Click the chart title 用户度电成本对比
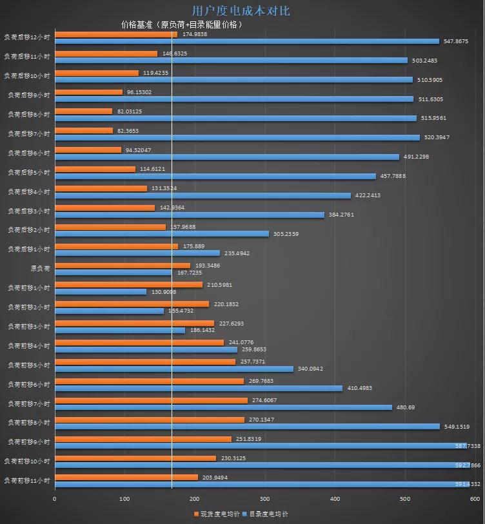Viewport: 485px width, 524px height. pyautogui.click(x=241, y=11)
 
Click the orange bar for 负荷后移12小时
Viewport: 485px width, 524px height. pyautogui.click(x=116, y=34)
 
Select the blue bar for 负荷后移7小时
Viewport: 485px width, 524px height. pyautogui.click(x=237, y=137)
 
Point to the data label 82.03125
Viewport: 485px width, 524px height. pyautogui.click(x=130, y=112)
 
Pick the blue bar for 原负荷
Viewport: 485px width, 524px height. pyautogui.click(x=114, y=272)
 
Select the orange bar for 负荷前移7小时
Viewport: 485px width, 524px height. pyautogui.click(x=151, y=400)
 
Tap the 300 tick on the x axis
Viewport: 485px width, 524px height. pyautogui.click(x=265, y=499)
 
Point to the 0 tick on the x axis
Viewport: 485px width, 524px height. pyautogui.click(x=55, y=499)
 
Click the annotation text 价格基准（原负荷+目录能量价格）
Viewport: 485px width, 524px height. pyautogui.click(x=182, y=24)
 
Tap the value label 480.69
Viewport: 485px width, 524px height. pyautogui.click(x=406, y=407)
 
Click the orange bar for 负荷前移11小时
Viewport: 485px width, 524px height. pyautogui.click(x=126, y=478)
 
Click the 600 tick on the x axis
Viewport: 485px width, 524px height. pyautogui.click(x=475, y=499)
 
